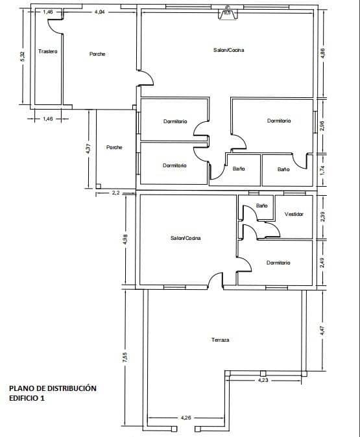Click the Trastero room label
(x=48, y=51)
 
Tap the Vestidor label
(x=294, y=214)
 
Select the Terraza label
(x=220, y=340)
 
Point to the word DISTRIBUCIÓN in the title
(x=72, y=388)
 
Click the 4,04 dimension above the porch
(x=100, y=12)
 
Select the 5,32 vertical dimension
(x=23, y=56)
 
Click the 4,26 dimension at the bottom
(x=186, y=418)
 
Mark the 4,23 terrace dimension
(x=263, y=381)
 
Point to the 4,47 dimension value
(x=322, y=330)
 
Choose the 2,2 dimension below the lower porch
(x=115, y=193)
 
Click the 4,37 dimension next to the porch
(x=88, y=149)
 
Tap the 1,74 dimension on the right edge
(x=322, y=171)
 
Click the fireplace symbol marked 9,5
(x=227, y=14)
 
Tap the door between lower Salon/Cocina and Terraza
(x=215, y=280)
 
